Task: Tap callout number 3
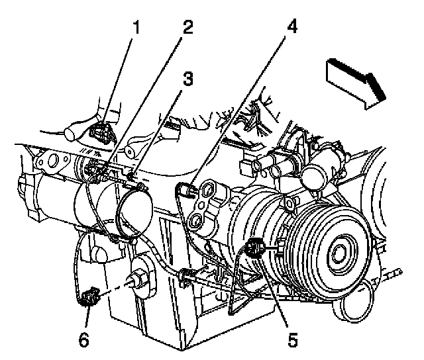click(189, 79)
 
